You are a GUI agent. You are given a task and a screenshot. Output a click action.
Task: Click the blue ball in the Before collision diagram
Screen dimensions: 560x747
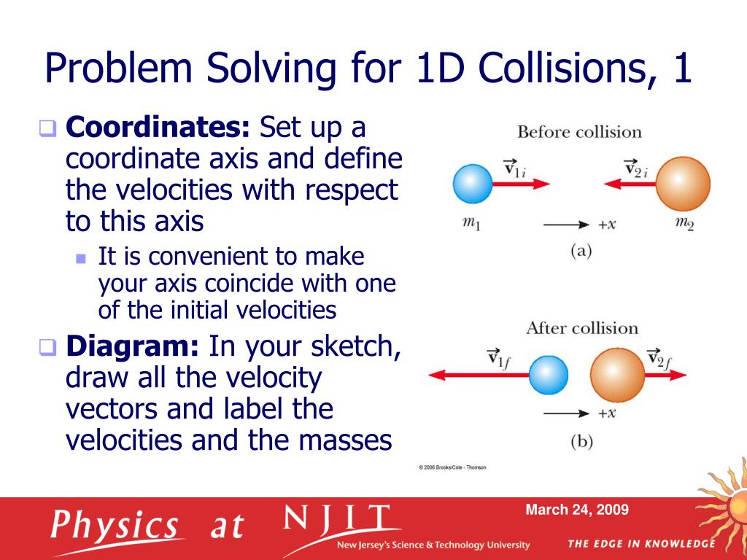click(x=473, y=184)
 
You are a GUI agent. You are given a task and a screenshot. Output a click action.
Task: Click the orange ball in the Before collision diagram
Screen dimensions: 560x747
click(x=682, y=184)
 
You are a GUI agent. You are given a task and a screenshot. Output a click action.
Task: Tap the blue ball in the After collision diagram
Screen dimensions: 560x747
click(x=548, y=375)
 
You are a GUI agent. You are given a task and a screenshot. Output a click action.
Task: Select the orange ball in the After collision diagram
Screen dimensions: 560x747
click(x=617, y=375)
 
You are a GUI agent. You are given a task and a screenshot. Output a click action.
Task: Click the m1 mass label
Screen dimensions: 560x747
click(x=471, y=224)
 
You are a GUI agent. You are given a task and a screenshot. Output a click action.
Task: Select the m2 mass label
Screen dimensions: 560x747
click(x=684, y=224)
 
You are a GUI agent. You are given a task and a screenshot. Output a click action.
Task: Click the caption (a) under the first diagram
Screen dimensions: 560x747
click(x=581, y=252)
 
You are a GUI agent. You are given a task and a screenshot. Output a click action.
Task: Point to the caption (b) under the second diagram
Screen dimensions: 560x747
click(x=581, y=442)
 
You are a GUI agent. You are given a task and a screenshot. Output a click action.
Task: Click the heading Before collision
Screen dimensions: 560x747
click(x=579, y=132)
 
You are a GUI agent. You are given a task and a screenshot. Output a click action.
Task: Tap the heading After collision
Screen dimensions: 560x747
click(x=581, y=327)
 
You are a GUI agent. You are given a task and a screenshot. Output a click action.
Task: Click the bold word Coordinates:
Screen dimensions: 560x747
click(x=158, y=128)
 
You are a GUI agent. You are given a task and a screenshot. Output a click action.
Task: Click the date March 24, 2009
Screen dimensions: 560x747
click(x=576, y=510)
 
